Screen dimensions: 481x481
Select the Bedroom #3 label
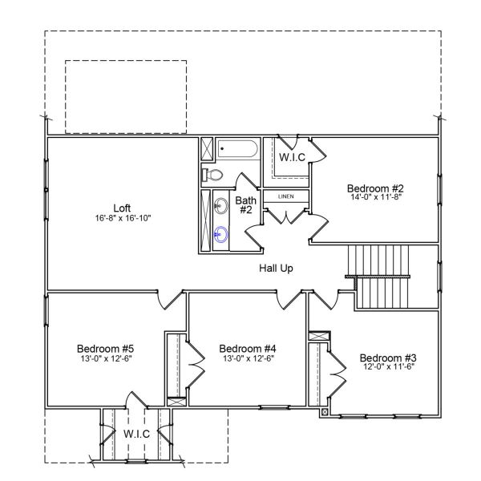tap(387, 357)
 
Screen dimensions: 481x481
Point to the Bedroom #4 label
tap(248, 348)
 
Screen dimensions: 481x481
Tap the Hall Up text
tap(276, 268)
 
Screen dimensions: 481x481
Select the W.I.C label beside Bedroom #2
tap(291, 157)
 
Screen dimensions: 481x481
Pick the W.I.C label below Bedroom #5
tap(136, 433)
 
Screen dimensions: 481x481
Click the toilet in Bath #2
tap(213, 175)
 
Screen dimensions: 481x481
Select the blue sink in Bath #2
tap(223, 234)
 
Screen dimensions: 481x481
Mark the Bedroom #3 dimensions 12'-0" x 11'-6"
tap(387, 368)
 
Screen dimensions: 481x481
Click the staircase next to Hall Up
tap(381, 277)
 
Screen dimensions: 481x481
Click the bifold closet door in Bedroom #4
tap(192, 364)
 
